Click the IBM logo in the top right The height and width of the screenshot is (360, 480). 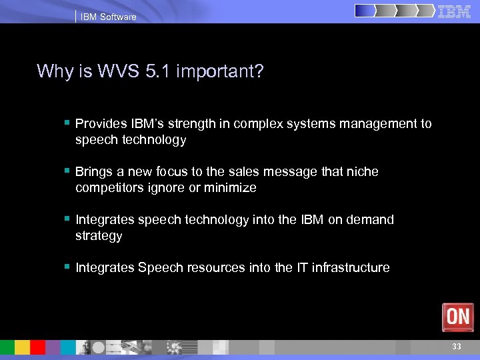click(x=454, y=11)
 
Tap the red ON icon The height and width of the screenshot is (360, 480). click(x=457, y=317)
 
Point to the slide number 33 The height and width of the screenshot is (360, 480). click(x=456, y=347)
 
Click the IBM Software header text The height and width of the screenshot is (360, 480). click(x=108, y=17)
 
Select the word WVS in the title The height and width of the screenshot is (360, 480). click(x=118, y=71)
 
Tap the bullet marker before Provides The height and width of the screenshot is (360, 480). click(x=67, y=123)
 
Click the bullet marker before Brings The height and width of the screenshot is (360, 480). click(x=67, y=171)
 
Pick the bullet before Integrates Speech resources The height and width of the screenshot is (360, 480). click(x=67, y=267)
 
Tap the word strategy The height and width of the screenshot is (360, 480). click(x=99, y=236)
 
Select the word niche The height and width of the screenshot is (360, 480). click(x=362, y=172)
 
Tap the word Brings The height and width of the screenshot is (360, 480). click(x=94, y=172)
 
